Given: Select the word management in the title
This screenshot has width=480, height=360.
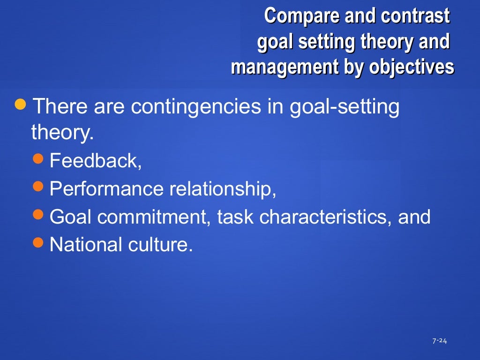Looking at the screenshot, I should (x=283, y=67).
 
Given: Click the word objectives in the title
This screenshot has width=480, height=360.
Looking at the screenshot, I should (x=411, y=67).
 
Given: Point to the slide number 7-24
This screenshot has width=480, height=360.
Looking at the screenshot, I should (x=439, y=341).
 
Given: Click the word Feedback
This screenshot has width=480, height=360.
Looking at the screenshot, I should (x=94, y=162).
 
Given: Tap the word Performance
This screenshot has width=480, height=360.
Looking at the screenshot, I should (x=106, y=190).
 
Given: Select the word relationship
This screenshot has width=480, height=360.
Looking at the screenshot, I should (x=222, y=190).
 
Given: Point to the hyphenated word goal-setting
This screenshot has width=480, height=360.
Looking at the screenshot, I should (x=345, y=107).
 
